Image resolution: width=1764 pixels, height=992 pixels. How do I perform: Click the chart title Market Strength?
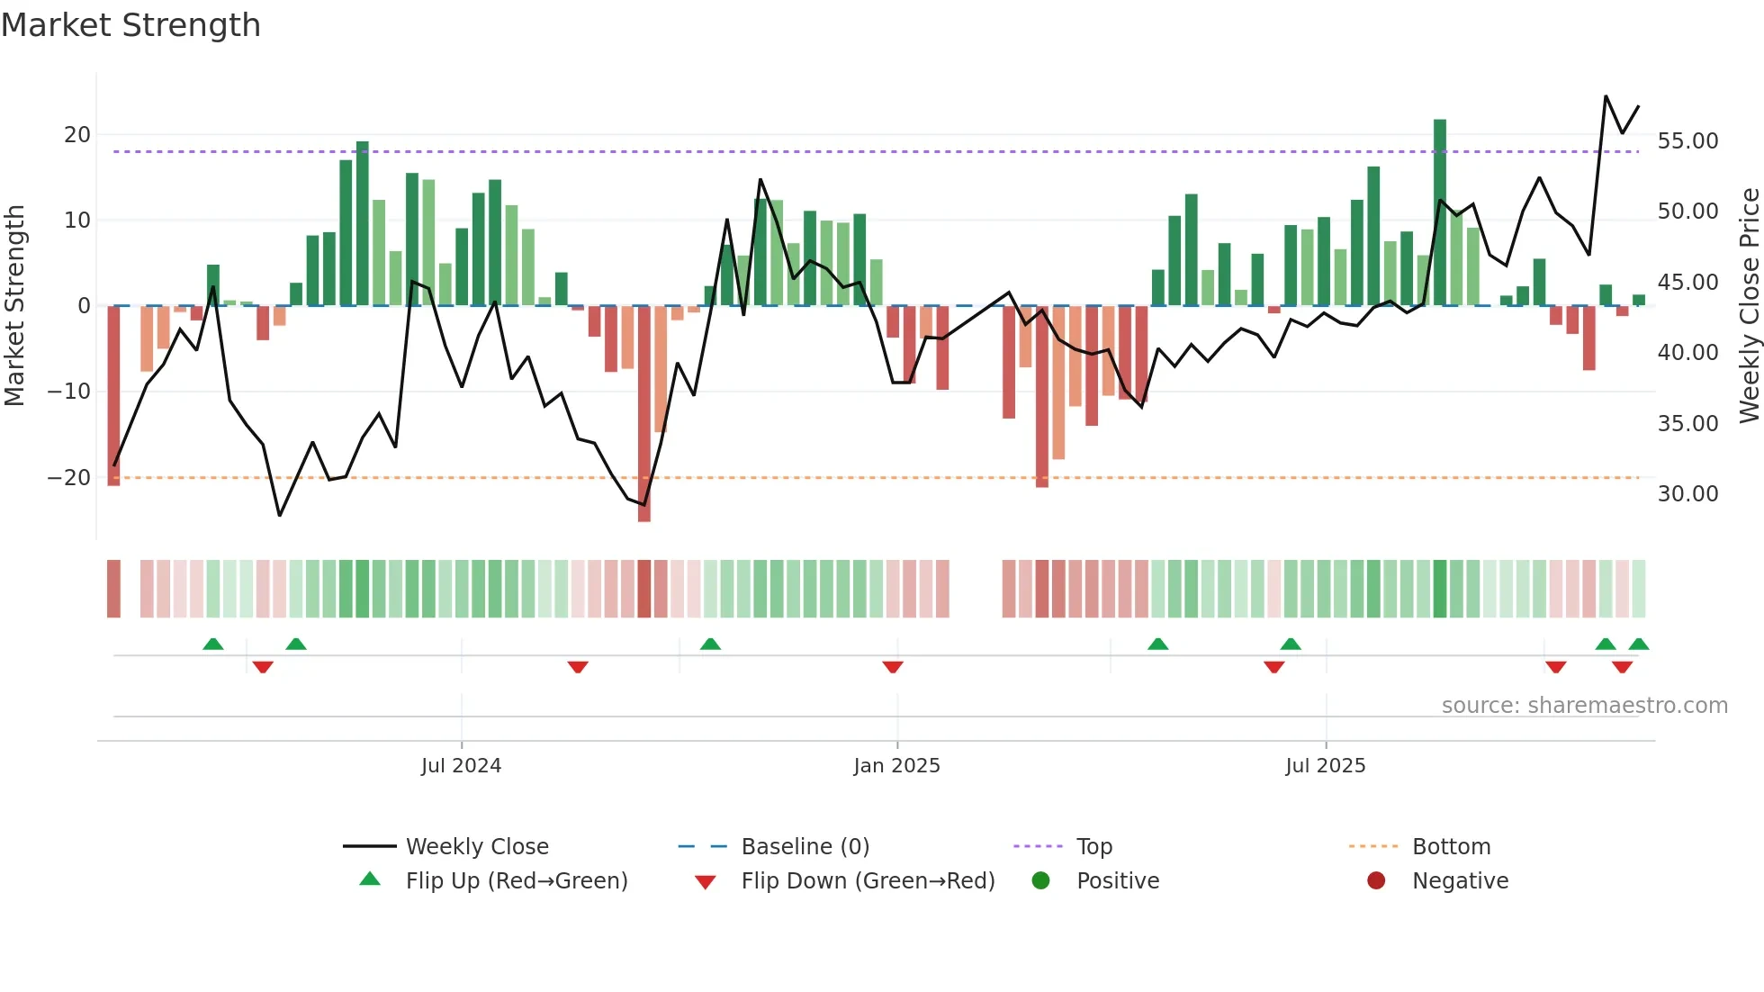tap(130, 25)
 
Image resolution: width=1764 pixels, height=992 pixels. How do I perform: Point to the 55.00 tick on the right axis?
tap(1687, 141)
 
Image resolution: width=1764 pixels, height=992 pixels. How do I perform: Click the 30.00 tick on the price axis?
tap(1687, 494)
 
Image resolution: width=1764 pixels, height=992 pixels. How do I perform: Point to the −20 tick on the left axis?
tap(69, 478)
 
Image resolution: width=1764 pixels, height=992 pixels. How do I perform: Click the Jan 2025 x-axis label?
tap(896, 766)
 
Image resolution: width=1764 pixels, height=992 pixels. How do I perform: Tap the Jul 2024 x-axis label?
tap(461, 766)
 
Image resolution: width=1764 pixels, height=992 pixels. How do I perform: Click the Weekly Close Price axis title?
tap(1749, 306)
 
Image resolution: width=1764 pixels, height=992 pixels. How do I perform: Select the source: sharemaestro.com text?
tap(1584, 706)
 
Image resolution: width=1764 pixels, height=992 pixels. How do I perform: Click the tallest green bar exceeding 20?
tap(1440, 212)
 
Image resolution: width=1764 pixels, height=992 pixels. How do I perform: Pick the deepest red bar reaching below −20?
tap(644, 414)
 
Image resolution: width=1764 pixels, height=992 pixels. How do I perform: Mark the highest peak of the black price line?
tap(1606, 96)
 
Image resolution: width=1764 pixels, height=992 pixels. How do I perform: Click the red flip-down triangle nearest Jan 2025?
tap(893, 667)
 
